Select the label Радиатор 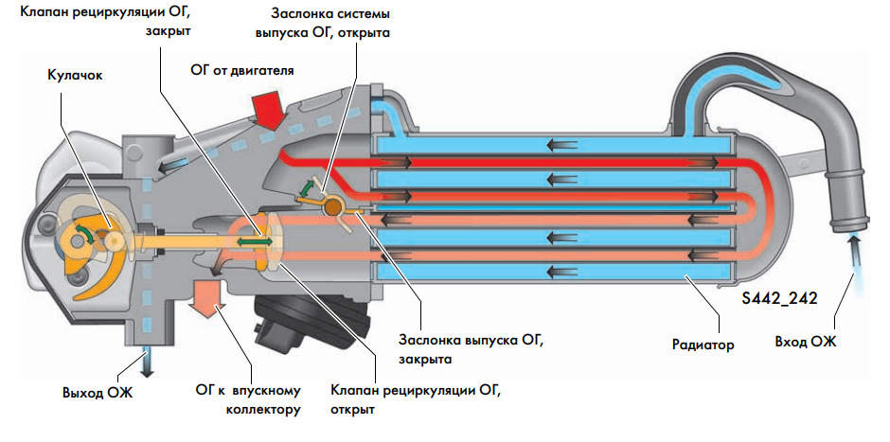[697, 345]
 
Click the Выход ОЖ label [98, 392]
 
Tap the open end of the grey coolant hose [847, 225]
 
